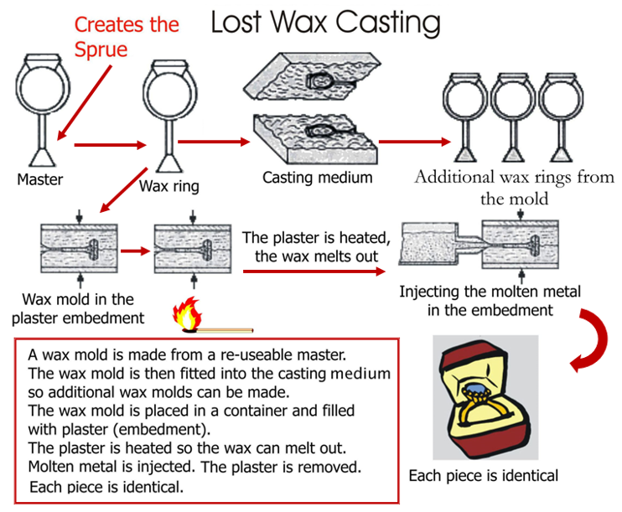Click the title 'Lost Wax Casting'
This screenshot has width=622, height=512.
tap(325, 23)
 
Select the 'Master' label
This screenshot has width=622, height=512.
tap(39, 179)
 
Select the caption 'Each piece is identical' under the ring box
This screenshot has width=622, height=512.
tap(483, 476)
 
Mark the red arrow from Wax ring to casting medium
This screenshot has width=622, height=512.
tap(214, 141)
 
